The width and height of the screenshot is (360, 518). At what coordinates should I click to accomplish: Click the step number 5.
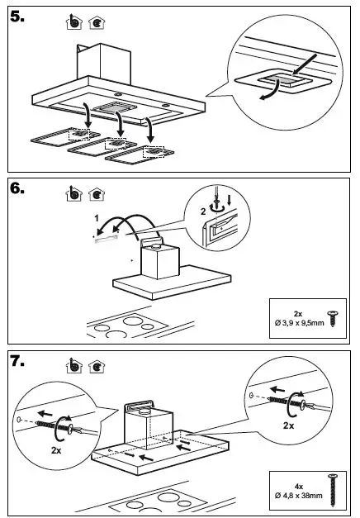17,17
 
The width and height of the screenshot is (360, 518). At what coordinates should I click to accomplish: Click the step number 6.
17,188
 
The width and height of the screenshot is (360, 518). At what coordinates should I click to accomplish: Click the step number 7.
17,361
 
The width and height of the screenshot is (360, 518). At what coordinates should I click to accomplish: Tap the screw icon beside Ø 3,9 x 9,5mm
332,318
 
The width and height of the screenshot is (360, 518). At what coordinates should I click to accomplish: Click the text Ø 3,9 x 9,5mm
299,323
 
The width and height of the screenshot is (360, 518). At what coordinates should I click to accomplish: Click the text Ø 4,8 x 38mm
299,495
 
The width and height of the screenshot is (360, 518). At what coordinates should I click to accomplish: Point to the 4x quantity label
299,487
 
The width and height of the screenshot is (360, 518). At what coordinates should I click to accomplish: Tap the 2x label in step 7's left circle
56,450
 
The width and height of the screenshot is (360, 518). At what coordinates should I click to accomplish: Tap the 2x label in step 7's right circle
288,425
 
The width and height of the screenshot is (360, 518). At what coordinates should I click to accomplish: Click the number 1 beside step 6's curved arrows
97,218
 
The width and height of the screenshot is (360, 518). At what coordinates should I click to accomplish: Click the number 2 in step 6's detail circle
203,211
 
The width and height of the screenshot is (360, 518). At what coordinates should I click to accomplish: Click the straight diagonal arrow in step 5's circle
305,64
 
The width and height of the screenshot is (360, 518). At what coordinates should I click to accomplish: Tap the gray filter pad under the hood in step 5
115,107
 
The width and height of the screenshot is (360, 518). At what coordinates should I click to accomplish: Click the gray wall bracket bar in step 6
107,240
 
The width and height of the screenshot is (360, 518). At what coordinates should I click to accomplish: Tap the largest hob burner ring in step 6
133,321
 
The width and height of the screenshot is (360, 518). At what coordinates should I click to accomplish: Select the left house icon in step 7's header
74,366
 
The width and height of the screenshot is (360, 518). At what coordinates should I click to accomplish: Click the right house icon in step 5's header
97,22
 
